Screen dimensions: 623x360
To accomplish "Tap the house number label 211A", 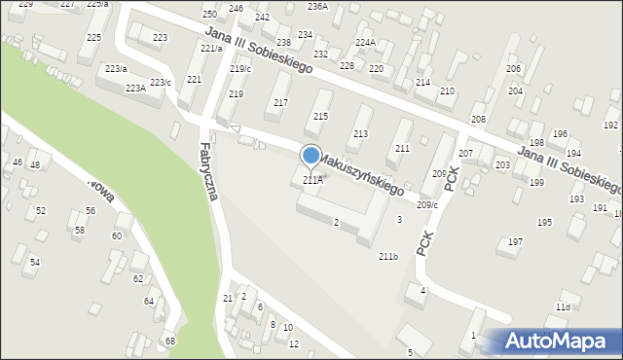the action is coord(312,180).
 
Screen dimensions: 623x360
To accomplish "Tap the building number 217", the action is coord(281,103).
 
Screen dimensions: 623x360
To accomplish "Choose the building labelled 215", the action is coord(320,117).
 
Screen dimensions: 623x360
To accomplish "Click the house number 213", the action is coord(360,133).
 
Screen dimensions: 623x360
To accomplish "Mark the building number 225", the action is coord(93,37).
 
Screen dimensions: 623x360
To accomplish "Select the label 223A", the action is coord(135,88).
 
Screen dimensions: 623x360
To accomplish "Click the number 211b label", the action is coord(388,256).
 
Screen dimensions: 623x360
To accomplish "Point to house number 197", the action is coord(516,241).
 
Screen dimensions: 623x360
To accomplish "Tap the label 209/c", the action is coord(427,204).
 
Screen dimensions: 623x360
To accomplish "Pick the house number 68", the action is coord(170,341).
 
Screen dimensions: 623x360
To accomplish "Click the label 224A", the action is coord(365,43).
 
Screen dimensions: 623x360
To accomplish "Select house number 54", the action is coord(35,262).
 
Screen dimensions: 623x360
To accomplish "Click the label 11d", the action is coord(563,307).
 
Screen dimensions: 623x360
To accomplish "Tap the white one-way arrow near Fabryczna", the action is coord(234,128).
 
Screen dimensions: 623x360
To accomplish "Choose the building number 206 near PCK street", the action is coord(439,173).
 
